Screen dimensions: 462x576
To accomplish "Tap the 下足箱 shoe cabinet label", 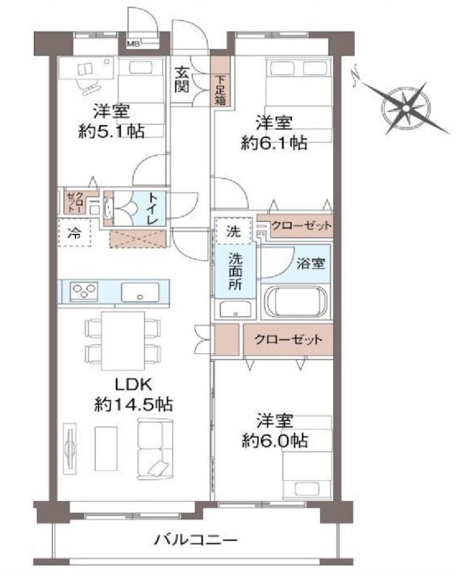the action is (x=220, y=90).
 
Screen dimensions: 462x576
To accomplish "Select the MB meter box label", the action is (x=133, y=44).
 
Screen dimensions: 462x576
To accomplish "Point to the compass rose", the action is (x=406, y=108).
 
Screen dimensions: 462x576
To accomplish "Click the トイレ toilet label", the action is (x=152, y=208).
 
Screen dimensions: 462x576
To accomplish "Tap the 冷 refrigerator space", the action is (x=74, y=232).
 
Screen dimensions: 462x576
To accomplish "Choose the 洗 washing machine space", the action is (x=233, y=231).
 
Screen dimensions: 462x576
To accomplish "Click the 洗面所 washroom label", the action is (x=235, y=271).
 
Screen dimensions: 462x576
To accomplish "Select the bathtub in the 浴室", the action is (x=296, y=302).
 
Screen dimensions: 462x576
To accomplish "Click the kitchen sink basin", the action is (x=140, y=292).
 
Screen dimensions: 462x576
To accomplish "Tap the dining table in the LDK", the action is (x=123, y=340).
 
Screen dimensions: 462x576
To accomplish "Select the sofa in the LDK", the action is (x=156, y=449).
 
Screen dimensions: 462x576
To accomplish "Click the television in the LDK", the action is (x=69, y=449).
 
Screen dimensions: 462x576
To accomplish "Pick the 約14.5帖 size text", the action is (x=133, y=404).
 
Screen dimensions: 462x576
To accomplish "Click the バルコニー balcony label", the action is (x=196, y=540).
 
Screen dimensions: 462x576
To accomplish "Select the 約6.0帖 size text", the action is (x=274, y=440).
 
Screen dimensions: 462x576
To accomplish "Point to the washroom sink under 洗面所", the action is (x=235, y=309).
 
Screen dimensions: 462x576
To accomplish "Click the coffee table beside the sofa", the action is (x=106, y=449).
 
